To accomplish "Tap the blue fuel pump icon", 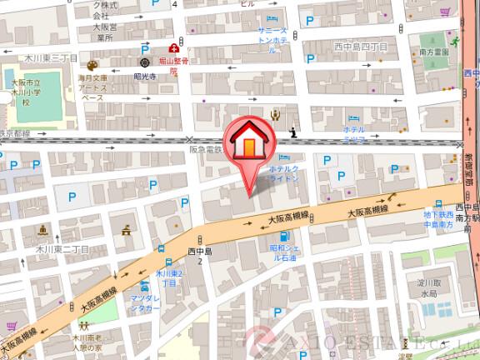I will coord(283,236).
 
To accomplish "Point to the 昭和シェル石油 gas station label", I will coord(289,253).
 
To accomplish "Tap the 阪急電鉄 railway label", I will coord(206,150).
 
